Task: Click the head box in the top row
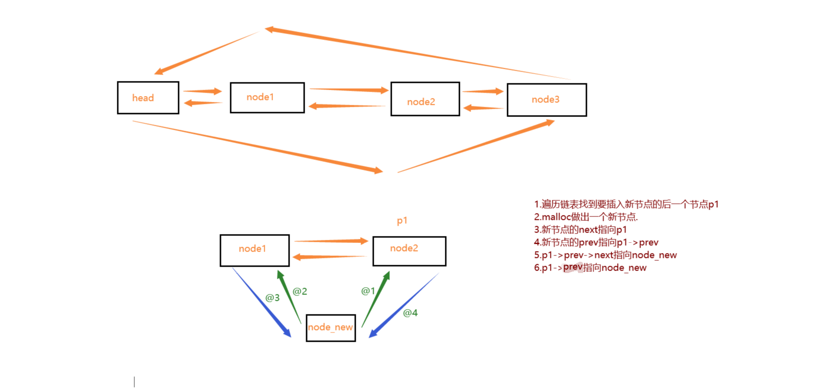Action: pos(148,98)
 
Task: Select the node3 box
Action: pos(547,100)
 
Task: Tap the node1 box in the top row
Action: pos(267,97)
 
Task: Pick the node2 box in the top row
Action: pos(425,99)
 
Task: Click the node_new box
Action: pos(330,328)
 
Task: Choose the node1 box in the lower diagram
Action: pos(255,250)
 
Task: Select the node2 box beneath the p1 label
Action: pos(409,251)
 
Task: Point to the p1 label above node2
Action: pos(402,220)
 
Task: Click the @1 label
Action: pos(368,291)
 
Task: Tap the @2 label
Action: pos(300,292)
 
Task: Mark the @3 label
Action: pos(273,297)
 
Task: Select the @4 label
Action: pos(410,313)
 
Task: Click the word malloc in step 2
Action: pos(556,217)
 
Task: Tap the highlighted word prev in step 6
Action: pos(573,267)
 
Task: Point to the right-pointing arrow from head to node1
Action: pos(202,91)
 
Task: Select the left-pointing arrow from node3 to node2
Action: pos(483,108)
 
